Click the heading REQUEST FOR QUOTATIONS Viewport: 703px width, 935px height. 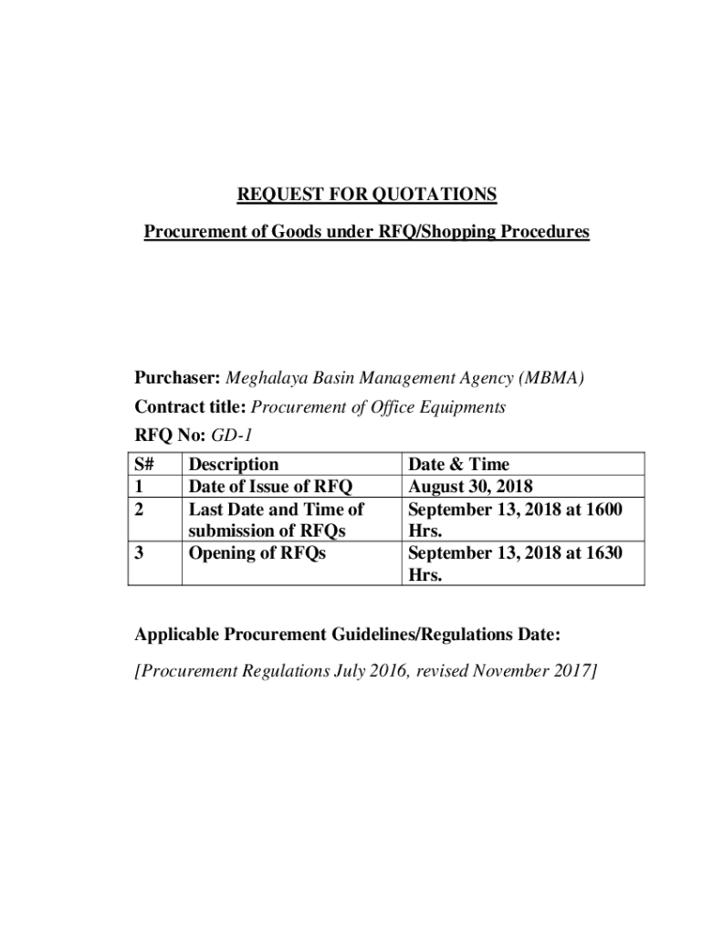367,194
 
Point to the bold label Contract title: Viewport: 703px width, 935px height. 191,407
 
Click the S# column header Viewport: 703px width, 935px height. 144,465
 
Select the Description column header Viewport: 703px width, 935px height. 233,465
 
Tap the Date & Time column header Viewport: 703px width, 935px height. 458,465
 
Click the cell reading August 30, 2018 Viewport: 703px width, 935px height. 470,487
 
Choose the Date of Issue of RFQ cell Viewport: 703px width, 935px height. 270,487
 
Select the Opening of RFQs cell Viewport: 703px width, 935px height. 257,552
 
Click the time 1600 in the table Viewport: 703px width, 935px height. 604,509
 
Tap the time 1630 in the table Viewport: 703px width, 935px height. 604,552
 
